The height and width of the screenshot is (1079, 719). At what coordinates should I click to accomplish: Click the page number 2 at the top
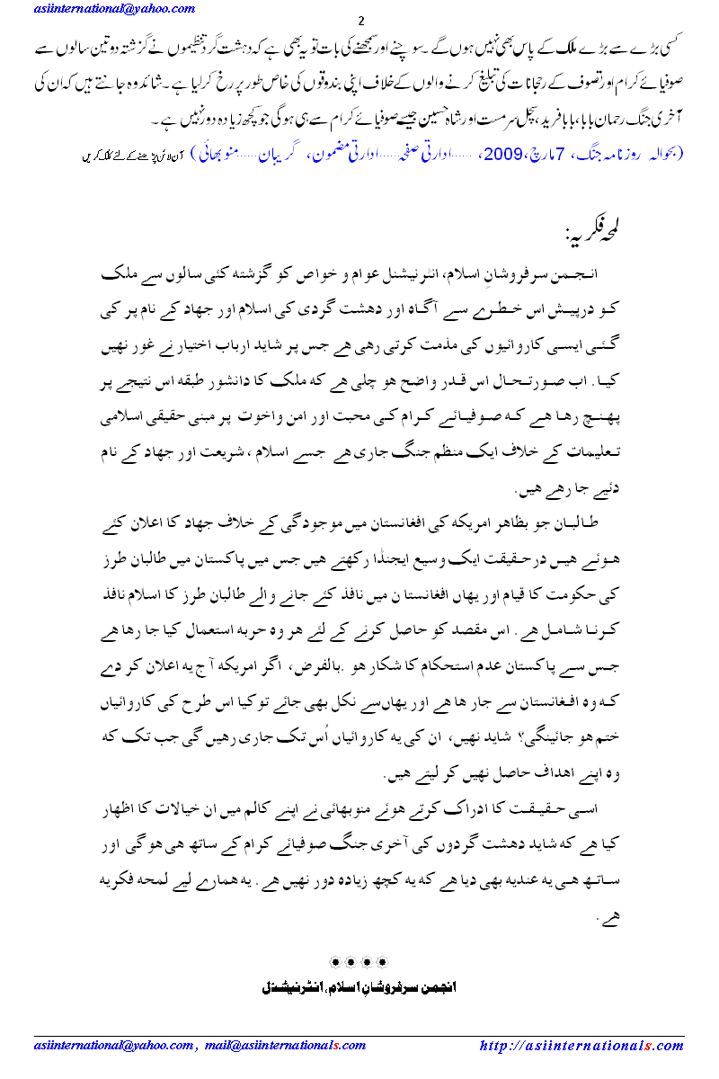tap(360, 21)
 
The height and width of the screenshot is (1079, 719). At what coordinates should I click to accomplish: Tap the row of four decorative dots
tap(359, 962)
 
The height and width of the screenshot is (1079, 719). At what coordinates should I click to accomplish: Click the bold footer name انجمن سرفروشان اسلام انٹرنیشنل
tap(359, 986)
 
